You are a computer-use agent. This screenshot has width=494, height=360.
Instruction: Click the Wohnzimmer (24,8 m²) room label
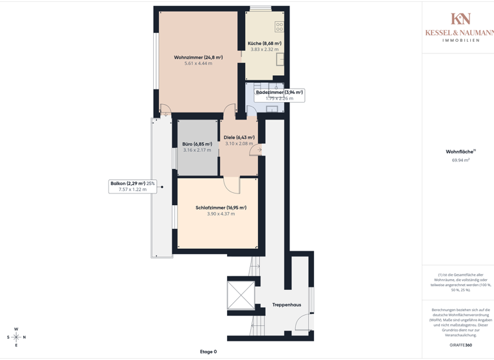pyautogui.click(x=198, y=57)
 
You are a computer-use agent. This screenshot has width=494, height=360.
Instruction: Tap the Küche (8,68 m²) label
pyautogui.click(x=264, y=43)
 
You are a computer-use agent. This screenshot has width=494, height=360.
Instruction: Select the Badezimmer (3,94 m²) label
pyautogui.click(x=279, y=93)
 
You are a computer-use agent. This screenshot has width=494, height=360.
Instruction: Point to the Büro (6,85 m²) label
pyautogui.click(x=197, y=144)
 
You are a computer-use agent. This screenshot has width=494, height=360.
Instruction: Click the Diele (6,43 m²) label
pyautogui.click(x=239, y=138)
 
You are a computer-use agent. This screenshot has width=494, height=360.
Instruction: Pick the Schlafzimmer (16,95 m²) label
pyautogui.click(x=221, y=208)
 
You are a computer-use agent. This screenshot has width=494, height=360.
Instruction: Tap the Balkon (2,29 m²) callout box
pyautogui.click(x=133, y=186)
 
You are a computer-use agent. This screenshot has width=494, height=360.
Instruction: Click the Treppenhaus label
pyautogui.click(x=286, y=305)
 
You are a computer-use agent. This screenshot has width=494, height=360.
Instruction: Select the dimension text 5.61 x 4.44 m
pyautogui.click(x=198, y=64)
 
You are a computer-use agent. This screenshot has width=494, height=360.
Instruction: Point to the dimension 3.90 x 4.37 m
pyautogui.click(x=221, y=214)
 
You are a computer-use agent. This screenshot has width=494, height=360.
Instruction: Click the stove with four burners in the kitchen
pyautogui.click(x=279, y=27)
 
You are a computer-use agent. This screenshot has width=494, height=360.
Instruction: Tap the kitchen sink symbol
pyautogui.click(x=280, y=59)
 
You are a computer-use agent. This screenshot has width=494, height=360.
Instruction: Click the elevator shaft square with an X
pyautogui.click(x=241, y=295)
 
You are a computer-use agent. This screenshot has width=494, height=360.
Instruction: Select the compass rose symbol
pyautogui.click(x=17, y=337)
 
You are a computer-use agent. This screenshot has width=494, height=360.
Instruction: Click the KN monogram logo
pyautogui.click(x=461, y=19)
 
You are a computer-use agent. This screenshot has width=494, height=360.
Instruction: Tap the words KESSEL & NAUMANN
pyautogui.click(x=459, y=32)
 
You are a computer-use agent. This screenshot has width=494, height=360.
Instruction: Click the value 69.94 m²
pyautogui.click(x=461, y=160)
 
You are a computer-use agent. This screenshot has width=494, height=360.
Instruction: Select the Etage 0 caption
pyautogui.click(x=208, y=352)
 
